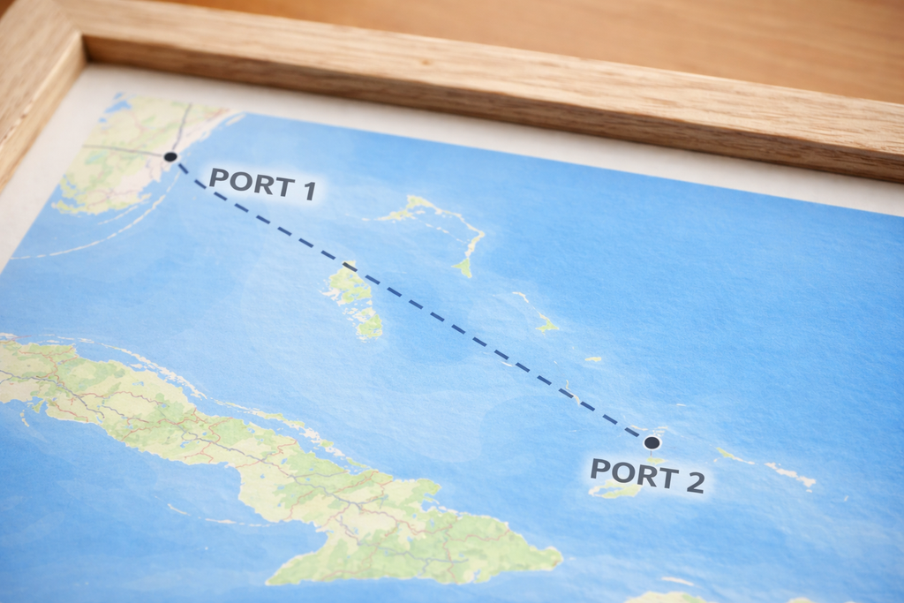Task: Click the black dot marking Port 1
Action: pyautogui.click(x=170, y=156)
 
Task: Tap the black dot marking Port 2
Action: pyautogui.click(x=652, y=442)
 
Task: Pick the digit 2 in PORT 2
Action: pyautogui.click(x=694, y=482)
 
